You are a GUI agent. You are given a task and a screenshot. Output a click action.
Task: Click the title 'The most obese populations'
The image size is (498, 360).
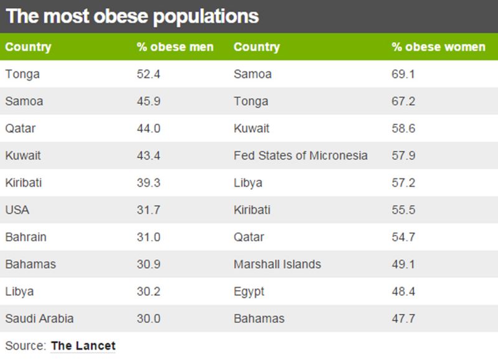[132, 16]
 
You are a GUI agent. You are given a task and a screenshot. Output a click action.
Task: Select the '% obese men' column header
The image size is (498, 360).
[175, 47]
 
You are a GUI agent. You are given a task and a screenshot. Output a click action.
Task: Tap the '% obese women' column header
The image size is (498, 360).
[438, 47]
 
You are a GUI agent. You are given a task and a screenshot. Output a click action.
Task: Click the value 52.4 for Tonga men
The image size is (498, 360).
[148, 74]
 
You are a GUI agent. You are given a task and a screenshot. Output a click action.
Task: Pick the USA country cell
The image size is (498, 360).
[17, 210]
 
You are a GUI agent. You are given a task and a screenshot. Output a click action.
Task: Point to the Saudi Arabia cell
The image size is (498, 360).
[39, 318]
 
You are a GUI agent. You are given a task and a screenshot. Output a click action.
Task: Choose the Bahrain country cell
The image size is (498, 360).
[26, 237]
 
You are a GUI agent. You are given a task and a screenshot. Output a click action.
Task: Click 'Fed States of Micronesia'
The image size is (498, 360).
[301, 156]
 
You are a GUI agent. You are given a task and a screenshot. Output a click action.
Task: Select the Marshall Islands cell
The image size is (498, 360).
[278, 264]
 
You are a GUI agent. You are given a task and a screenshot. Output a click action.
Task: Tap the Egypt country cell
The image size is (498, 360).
[249, 291]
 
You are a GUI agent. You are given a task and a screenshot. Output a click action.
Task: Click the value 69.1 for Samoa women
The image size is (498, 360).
[403, 74]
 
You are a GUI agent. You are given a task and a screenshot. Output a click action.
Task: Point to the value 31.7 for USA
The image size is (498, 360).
[148, 210]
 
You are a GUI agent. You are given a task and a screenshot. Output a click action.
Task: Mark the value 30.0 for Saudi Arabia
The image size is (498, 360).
[148, 318]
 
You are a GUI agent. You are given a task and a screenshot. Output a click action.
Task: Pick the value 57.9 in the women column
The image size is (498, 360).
[403, 156]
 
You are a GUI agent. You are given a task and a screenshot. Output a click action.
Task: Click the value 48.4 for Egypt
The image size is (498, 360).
[403, 291]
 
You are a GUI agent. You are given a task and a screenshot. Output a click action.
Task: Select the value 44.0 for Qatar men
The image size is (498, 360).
[148, 128]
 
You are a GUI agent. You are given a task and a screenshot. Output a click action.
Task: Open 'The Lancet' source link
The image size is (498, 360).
[83, 345]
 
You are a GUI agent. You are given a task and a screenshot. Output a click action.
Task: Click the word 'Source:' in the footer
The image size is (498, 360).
[26, 345]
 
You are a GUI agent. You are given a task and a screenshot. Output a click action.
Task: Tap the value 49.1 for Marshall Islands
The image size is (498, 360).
[403, 264]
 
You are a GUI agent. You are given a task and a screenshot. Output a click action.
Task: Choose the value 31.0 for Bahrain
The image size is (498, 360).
[148, 237]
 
